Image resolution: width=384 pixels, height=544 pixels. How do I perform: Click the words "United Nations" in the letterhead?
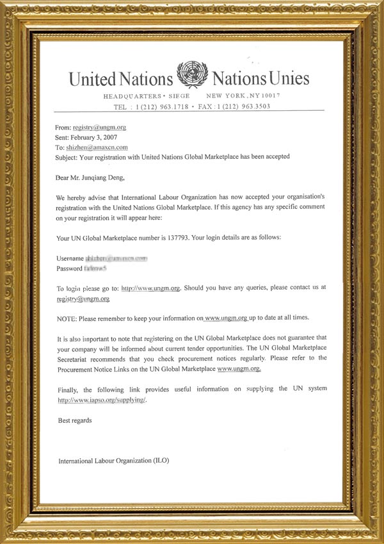121,79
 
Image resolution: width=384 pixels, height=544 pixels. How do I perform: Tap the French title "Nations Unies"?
260,79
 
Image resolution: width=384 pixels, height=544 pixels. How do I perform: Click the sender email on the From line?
100,128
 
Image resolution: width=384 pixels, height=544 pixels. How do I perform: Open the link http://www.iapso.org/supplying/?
102,400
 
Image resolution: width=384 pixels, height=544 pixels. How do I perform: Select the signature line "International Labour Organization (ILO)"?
114,460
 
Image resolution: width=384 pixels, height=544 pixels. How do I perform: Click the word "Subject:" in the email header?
69,156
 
